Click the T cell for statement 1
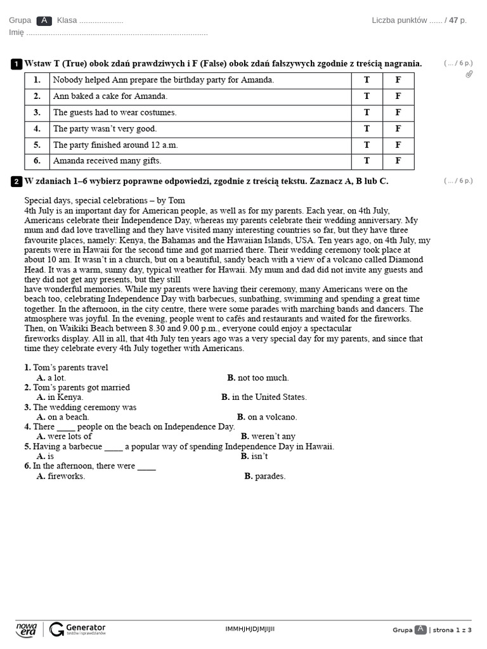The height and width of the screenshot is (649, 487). click(x=367, y=80)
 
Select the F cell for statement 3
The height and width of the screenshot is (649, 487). click(x=398, y=113)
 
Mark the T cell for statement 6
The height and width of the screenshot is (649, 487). click(x=367, y=161)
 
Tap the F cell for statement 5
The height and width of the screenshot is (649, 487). click(x=398, y=145)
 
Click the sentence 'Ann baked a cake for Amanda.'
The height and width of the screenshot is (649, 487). click(x=110, y=96)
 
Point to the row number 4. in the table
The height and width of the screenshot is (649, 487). click(x=37, y=129)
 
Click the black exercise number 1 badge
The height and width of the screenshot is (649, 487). click(x=16, y=64)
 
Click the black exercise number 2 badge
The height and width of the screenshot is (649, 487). click(x=16, y=182)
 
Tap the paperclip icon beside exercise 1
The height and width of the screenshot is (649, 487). click(x=469, y=74)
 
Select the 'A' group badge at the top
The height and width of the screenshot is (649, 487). click(x=44, y=20)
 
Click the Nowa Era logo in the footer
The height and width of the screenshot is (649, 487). click(x=27, y=629)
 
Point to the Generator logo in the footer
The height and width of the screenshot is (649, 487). click(x=77, y=629)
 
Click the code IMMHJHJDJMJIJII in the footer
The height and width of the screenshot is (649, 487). click(x=250, y=629)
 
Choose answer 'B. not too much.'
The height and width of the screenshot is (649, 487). click(x=258, y=378)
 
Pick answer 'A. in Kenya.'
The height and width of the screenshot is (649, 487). click(x=60, y=397)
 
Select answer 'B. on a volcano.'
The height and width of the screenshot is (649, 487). click(x=267, y=417)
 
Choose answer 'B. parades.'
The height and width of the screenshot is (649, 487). click(x=265, y=476)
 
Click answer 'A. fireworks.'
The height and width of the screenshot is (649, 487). click(x=61, y=476)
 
